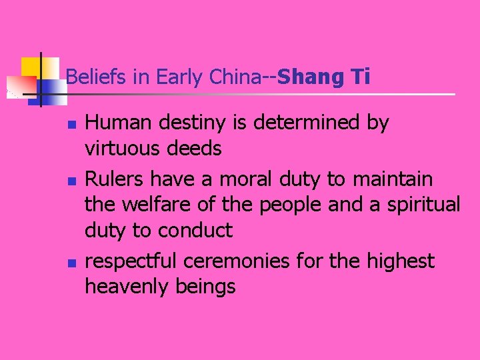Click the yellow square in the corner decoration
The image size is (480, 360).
(31, 67)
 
